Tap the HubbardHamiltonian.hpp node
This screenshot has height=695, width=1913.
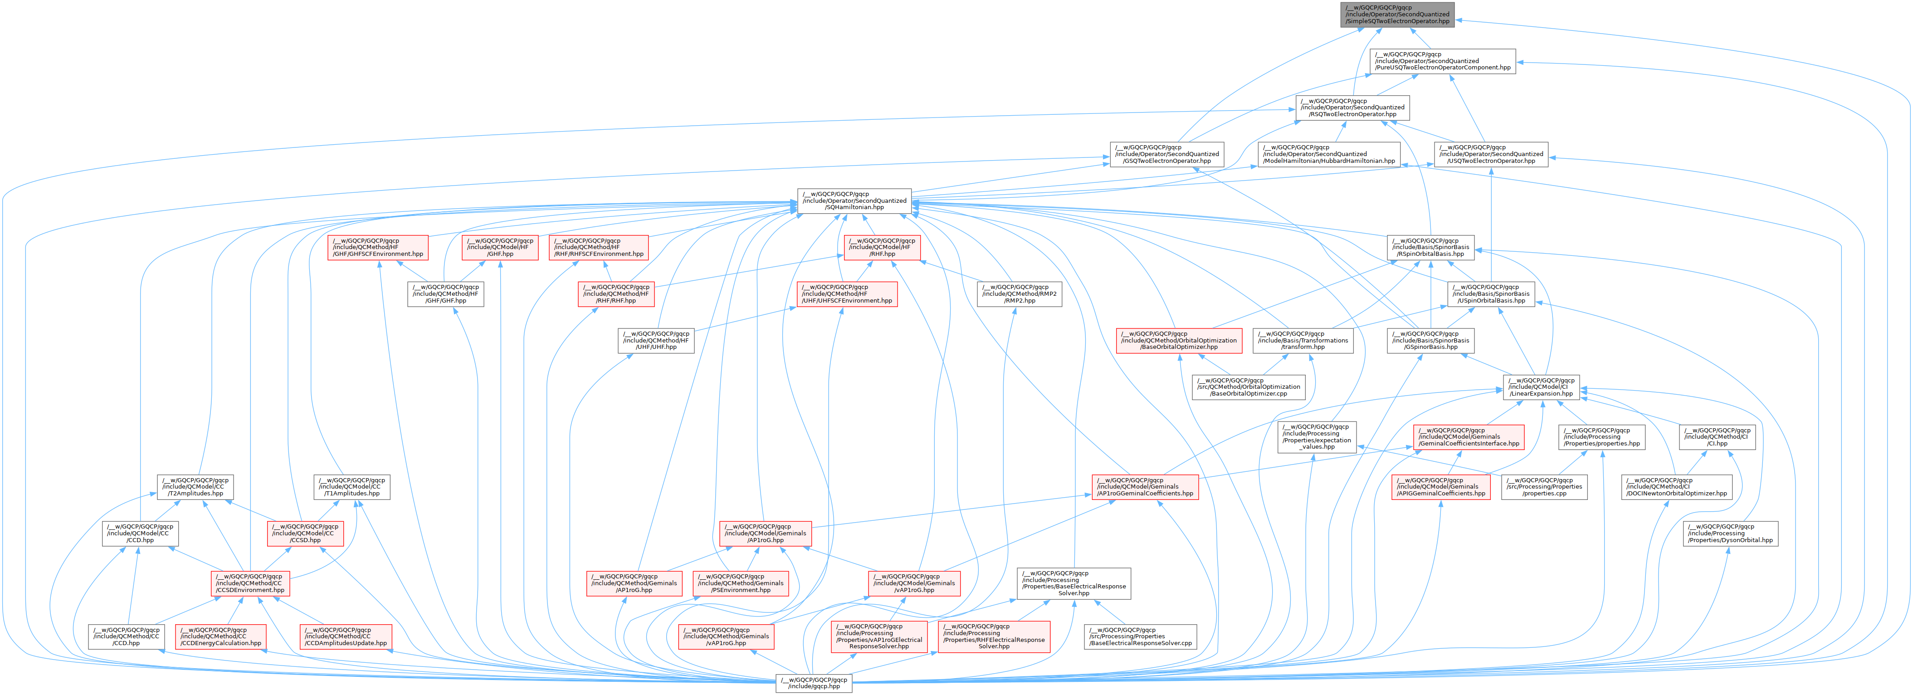coord(1328,154)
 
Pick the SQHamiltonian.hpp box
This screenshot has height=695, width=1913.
coord(854,201)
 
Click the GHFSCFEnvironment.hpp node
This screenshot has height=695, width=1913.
coord(378,247)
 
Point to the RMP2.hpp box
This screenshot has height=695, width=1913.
coord(1019,294)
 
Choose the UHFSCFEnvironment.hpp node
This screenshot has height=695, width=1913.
coord(847,294)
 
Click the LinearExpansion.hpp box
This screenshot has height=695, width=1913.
coord(1541,387)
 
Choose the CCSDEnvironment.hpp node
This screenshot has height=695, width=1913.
coord(249,583)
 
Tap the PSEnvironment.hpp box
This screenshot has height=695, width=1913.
coord(741,583)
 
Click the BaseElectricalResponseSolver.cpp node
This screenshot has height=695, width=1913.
coord(1140,636)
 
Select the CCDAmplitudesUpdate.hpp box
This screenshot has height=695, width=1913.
coord(345,636)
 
